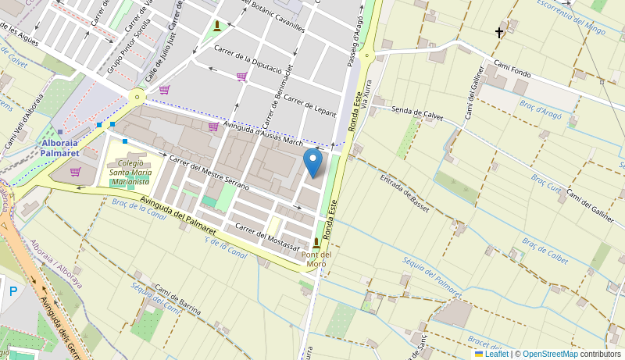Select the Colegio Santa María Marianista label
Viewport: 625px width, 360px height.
tap(130, 173)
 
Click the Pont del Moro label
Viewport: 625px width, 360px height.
tap(316, 258)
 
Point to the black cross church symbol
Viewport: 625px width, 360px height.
tap(499, 33)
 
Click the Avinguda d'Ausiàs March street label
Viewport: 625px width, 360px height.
tap(263, 132)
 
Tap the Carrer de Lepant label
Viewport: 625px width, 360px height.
tap(309, 105)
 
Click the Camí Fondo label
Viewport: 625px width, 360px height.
tap(512, 69)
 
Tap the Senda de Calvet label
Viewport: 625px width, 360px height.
tap(417, 114)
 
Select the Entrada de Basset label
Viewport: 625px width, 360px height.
tap(405, 193)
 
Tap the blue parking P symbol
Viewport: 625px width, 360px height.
tap(12, 291)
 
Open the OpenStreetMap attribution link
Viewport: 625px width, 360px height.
tap(550, 354)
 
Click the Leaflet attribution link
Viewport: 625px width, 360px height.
tap(491, 354)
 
